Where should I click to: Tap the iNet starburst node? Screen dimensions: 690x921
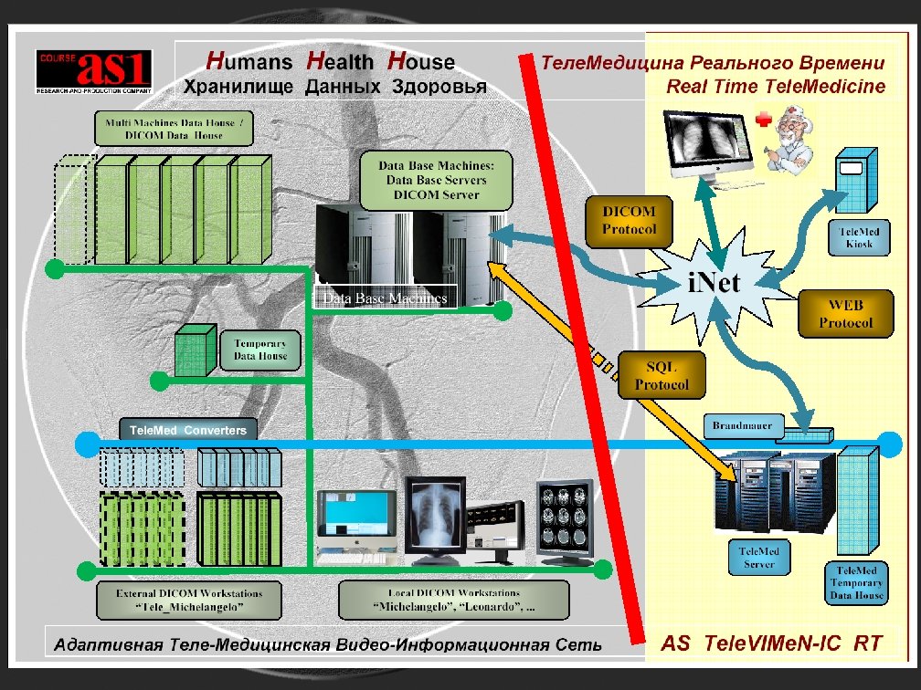[714, 281]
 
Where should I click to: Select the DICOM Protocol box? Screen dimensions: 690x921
[629, 220]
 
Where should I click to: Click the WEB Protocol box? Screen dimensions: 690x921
[845, 313]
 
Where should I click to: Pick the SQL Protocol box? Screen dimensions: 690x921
[662, 374]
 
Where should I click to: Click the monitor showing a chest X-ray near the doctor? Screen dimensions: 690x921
[712, 146]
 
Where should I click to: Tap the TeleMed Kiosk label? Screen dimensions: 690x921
[859, 237]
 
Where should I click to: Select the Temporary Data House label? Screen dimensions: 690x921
[259, 350]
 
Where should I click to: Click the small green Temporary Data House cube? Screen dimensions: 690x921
[194, 348]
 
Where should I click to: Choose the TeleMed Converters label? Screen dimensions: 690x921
[187, 430]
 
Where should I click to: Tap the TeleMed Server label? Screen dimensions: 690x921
[758, 558]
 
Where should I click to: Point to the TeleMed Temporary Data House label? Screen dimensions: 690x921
[856, 582]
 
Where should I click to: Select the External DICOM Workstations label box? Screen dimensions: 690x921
[189, 600]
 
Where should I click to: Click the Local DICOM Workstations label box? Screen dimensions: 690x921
[453, 600]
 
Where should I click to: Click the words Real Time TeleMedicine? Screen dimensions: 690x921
[776, 88]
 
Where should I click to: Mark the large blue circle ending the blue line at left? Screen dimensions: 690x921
[86, 444]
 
